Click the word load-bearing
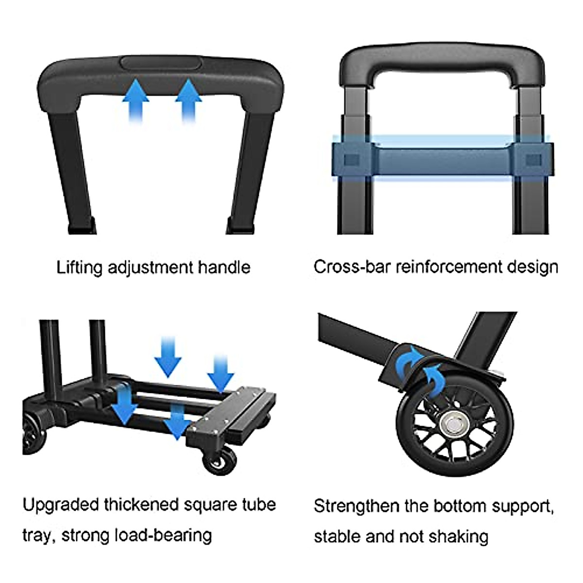click(x=164, y=535)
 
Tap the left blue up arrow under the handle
click(x=136, y=100)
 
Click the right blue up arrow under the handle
click(x=188, y=100)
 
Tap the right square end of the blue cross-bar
click(x=533, y=160)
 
